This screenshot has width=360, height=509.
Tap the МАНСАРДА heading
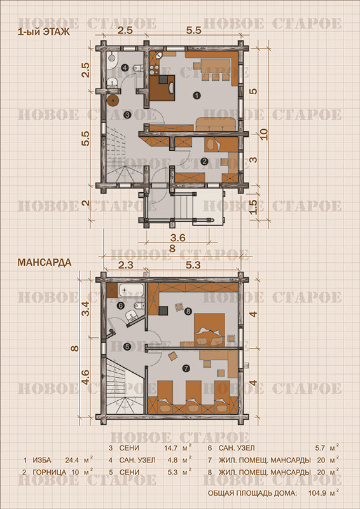tap(44, 262)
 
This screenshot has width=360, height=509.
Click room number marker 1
tap(195, 95)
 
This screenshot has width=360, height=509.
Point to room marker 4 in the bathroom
tap(125, 68)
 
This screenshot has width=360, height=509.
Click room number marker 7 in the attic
tap(186, 368)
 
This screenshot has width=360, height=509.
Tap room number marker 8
tap(188, 312)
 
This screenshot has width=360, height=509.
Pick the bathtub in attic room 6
tap(131, 290)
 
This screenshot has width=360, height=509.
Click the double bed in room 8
tap(210, 329)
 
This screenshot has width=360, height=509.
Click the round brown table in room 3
tap(113, 101)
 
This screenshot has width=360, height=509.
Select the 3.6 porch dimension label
tap(178, 238)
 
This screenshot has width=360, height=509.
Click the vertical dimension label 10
tap(264, 134)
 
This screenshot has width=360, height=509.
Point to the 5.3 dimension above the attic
tap(193, 265)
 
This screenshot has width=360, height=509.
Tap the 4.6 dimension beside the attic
tap(86, 377)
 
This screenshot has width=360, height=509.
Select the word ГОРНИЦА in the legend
tap(50, 472)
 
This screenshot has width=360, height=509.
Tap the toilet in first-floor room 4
tap(137, 68)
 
